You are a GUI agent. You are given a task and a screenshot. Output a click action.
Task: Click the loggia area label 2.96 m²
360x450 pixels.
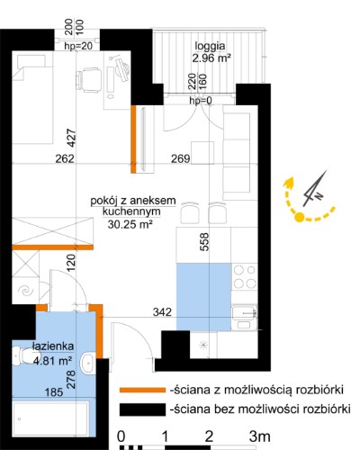(x=211, y=58)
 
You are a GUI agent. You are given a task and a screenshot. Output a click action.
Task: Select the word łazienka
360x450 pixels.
(x=53, y=346)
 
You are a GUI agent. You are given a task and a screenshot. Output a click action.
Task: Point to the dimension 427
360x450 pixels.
(x=71, y=138)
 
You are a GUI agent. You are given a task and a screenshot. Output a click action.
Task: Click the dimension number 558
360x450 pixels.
(x=203, y=242)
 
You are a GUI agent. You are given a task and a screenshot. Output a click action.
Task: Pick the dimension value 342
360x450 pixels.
(x=162, y=312)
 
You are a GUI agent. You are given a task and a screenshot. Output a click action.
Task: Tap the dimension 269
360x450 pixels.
(x=181, y=158)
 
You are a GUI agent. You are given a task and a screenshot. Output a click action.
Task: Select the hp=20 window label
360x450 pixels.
(x=78, y=46)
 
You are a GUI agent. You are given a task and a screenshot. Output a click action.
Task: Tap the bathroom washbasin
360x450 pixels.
(x=88, y=363)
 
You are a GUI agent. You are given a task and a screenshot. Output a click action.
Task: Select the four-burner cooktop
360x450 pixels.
(x=244, y=276)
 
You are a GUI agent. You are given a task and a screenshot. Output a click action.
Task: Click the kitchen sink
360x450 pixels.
(x=245, y=317)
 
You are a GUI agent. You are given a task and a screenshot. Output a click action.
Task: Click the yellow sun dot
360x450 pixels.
(x=299, y=217)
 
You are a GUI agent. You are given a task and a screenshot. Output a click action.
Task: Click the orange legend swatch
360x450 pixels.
(x=142, y=390)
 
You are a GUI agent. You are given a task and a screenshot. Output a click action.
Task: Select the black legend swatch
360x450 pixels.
(x=142, y=409)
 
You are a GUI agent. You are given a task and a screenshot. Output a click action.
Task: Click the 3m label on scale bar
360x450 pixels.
(x=259, y=436)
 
